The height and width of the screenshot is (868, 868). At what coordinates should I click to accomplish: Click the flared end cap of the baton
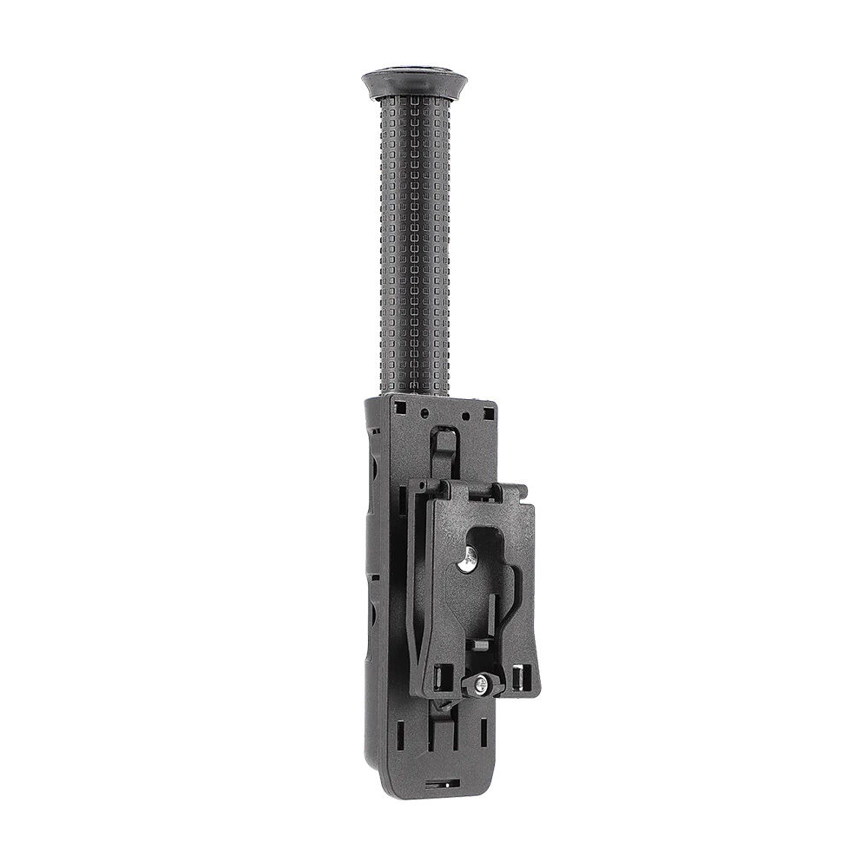pyautogui.click(x=414, y=83)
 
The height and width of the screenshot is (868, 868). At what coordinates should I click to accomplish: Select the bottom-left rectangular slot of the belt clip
pyautogui.click(x=438, y=674)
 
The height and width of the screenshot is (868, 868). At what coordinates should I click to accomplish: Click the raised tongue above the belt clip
pyautogui.click(x=444, y=451)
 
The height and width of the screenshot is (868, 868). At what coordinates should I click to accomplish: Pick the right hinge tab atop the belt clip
pyautogui.click(x=512, y=492)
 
